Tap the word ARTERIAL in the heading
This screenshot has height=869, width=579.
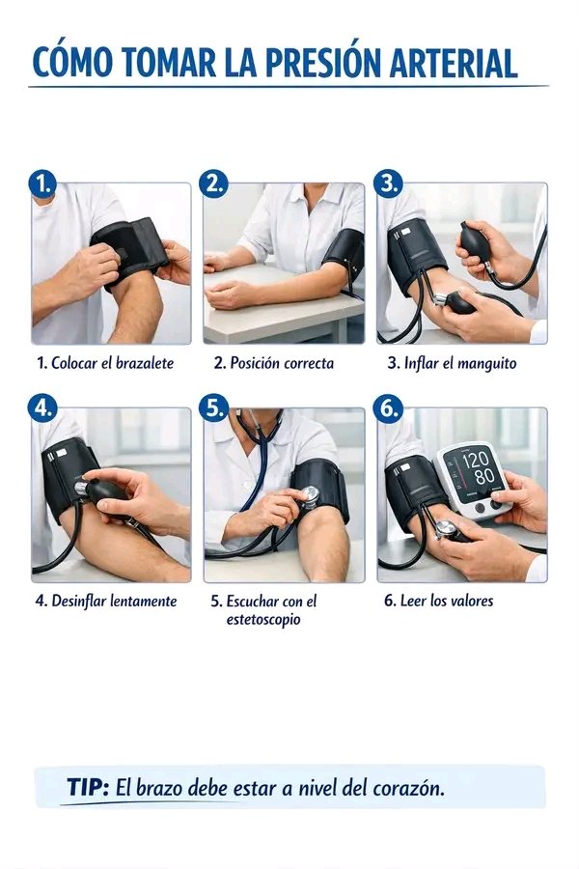coord(454,63)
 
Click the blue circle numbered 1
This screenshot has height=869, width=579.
coord(43,183)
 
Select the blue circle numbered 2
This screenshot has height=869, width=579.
coord(213,183)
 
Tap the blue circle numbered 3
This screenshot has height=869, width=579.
coord(388,183)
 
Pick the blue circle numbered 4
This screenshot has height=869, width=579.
coord(42,408)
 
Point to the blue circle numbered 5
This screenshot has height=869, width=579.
coord(213,408)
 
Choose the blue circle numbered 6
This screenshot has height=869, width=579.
coord(387,408)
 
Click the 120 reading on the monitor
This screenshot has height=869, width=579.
coord(476,460)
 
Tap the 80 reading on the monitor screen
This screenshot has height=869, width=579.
coord(484,476)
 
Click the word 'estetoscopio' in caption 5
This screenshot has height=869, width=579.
coord(263,619)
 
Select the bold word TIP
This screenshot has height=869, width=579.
coord(88,787)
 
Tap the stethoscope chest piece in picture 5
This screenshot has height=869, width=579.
coord(310,496)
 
